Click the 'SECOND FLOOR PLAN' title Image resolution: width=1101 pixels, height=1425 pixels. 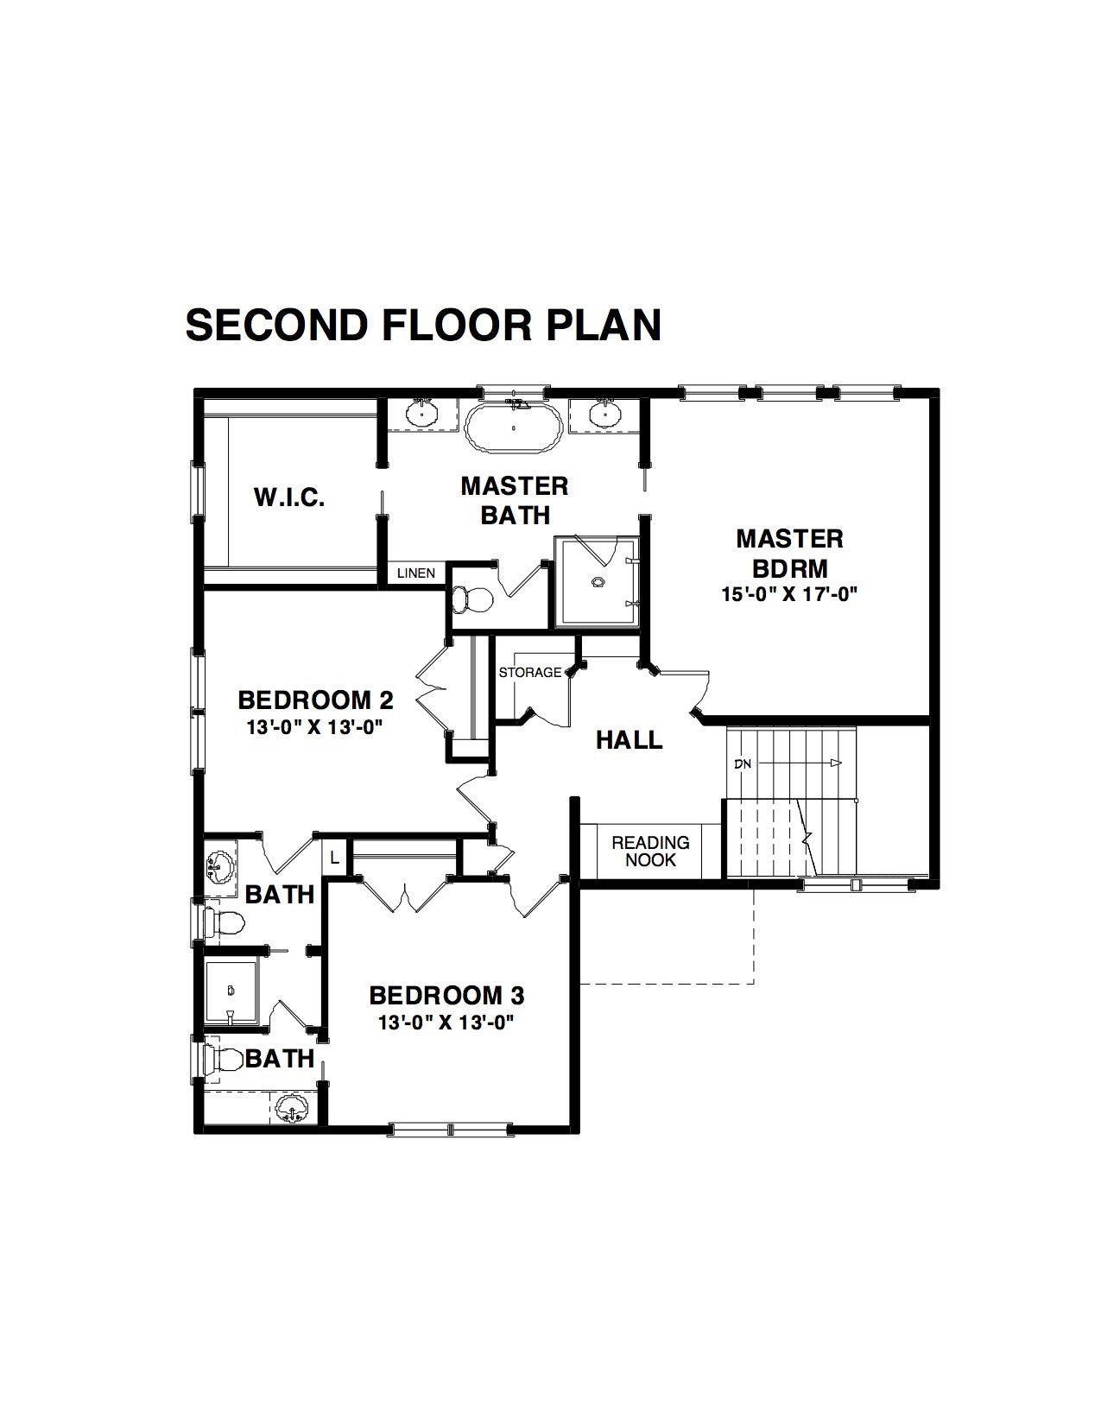pyautogui.click(x=424, y=326)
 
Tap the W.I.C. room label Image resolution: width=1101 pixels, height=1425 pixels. pyautogui.click(x=289, y=497)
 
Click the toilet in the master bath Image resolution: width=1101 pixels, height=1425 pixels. pyautogui.click(x=471, y=598)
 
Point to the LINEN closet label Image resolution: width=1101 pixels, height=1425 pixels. pyautogui.click(x=415, y=573)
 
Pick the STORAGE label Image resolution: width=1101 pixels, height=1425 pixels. pyautogui.click(x=530, y=672)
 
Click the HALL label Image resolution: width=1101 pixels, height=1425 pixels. pyautogui.click(x=629, y=740)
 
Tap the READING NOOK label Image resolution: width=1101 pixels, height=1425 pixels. pyautogui.click(x=650, y=852)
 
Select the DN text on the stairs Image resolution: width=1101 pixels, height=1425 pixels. pyautogui.click(x=743, y=763)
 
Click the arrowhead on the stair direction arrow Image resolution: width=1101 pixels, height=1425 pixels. pyautogui.click(x=836, y=763)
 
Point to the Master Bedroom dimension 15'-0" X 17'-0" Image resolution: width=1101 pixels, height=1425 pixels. pyautogui.click(x=789, y=594)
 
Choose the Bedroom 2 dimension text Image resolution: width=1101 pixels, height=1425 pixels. pyautogui.click(x=315, y=727)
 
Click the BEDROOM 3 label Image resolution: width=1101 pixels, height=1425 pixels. pyautogui.click(x=446, y=996)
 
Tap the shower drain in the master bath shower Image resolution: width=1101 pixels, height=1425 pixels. pyautogui.click(x=598, y=581)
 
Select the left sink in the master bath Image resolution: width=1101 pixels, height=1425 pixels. pyautogui.click(x=421, y=414)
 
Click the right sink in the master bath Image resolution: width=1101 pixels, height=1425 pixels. pyautogui.click(x=602, y=414)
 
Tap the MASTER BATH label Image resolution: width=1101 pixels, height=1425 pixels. pyautogui.click(x=514, y=500)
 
